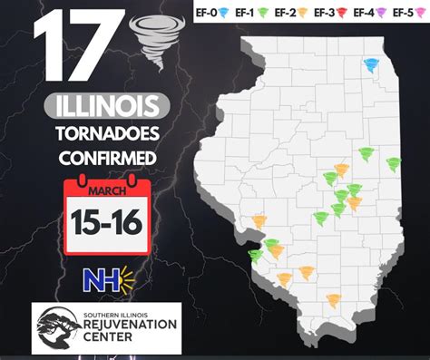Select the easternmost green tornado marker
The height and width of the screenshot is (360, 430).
point(393,164)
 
